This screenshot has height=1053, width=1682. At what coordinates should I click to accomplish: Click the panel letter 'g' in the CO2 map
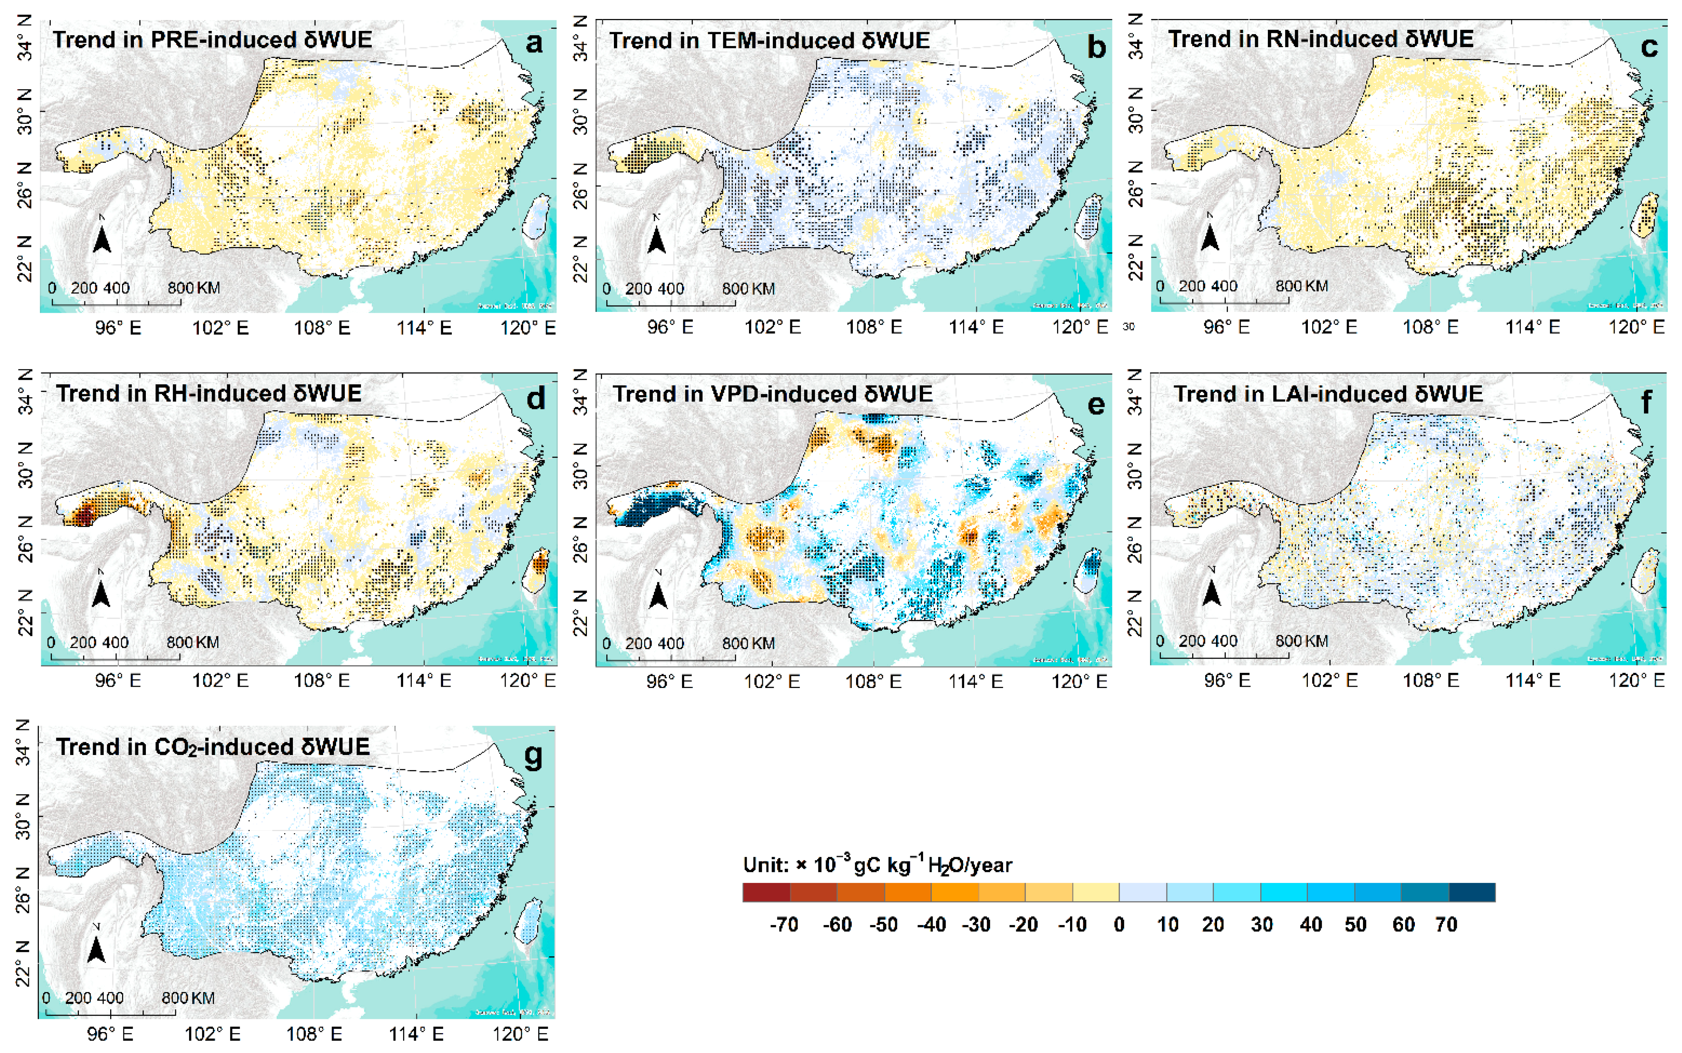point(533,756)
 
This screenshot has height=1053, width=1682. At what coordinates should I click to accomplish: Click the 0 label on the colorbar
point(1118,925)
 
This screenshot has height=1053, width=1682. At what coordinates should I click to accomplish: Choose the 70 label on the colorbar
point(1446,925)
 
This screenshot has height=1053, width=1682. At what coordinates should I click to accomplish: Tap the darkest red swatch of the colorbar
point(766,892)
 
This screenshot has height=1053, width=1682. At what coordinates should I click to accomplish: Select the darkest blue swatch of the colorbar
point(1472,892)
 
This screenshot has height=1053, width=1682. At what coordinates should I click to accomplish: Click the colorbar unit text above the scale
point(877,866)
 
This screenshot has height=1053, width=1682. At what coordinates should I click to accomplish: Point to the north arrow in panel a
point(102,237)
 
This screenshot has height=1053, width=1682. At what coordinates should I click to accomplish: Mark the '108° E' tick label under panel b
point(873,327)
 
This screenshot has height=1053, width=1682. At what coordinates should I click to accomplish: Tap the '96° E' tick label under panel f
point(1227,680)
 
